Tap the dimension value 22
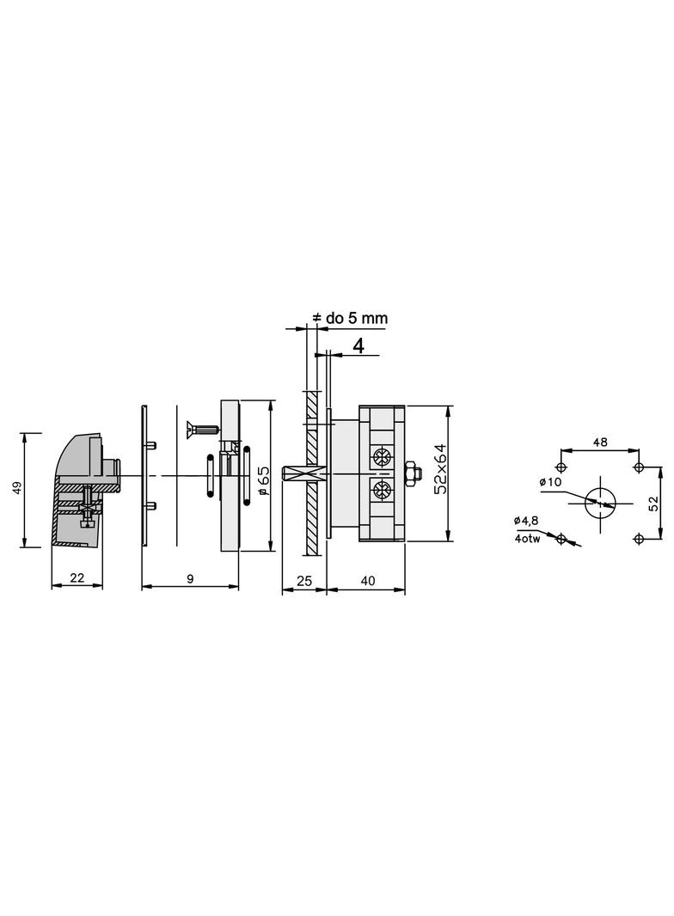(77, 578)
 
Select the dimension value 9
(190, 579)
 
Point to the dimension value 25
(304, 581)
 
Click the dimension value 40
(368, 581)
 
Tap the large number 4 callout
(358, 345)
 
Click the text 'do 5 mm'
(357, 319)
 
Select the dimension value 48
(600, 443)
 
